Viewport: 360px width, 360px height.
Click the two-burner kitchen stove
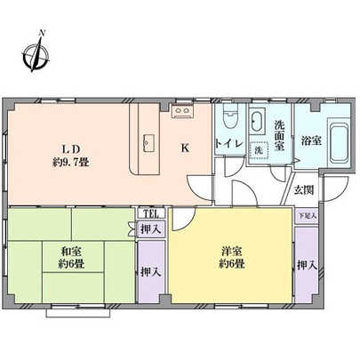tap(184, 111)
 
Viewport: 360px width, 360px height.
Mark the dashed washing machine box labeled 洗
tap(260, 150)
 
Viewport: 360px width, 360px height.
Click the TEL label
tap(148, 214)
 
